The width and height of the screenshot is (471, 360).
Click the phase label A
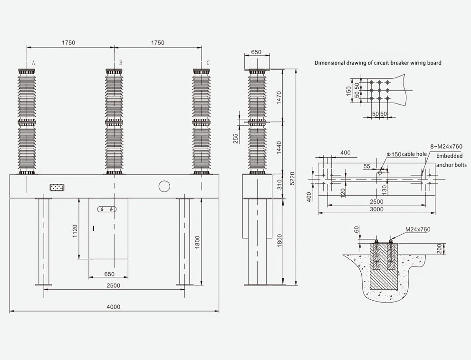(x=34, y=63)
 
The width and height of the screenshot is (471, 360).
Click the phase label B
(x=121, y=63)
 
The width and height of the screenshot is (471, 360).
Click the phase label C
(x=208, y=63)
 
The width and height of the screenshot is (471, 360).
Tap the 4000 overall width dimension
(x=114, y=306)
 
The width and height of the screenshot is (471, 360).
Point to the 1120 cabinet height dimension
(x=75, y=231)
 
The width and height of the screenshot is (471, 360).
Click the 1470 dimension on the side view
(x=279, y=98)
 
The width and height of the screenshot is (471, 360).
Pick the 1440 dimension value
(x=279, y=148)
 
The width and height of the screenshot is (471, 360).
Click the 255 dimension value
(x=236, y=138)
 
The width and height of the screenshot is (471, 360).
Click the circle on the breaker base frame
(x=164, y=186)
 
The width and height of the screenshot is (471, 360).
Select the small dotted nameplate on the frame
(x=57, y=188)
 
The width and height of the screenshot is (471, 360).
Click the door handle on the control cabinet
(x=93, y=228)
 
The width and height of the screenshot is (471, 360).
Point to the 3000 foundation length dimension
(x=376, y=209)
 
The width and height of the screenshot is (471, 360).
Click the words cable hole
(x=414, y=154)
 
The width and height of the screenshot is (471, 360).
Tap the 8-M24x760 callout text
(x=447, y=147)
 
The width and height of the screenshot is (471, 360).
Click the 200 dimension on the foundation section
(x=440, y=249)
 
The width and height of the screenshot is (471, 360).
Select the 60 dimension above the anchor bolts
(x=356, y=230)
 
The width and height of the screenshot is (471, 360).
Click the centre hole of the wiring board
(x=380, y=90)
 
